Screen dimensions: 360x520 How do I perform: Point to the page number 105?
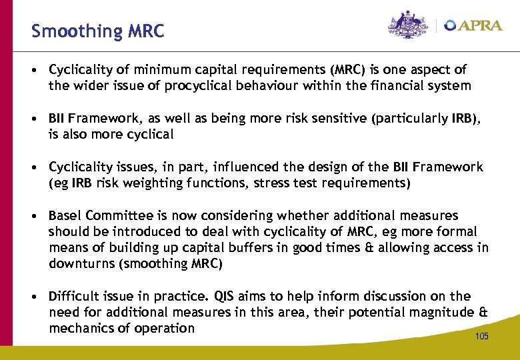[x=481, y=336]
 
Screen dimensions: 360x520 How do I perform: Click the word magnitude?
[x=438, y=312]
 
